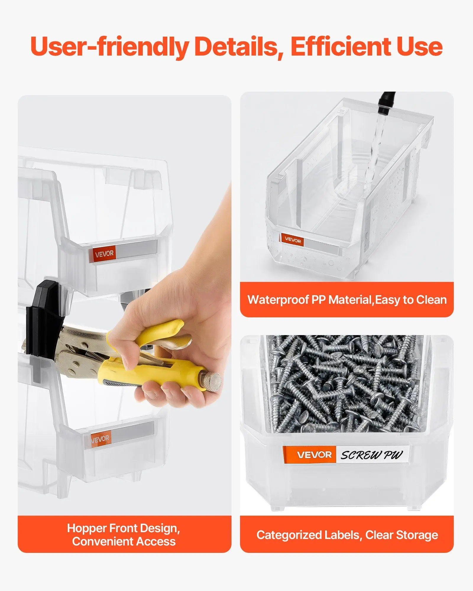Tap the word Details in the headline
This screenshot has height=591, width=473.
(238, 47)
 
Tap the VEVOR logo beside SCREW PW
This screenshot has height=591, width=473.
(314, 455)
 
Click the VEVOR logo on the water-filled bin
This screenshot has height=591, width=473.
(293, 240)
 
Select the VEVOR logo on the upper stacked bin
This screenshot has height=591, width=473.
(104, 254)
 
